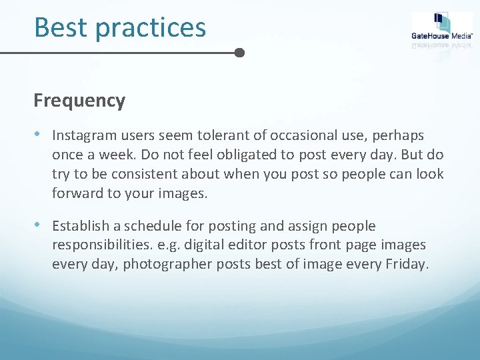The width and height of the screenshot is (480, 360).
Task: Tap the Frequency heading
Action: [x=79, y=101]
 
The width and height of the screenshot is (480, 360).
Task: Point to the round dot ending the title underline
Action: [x=240, y=52]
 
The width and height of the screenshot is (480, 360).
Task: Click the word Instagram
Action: [x=81, y=136]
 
